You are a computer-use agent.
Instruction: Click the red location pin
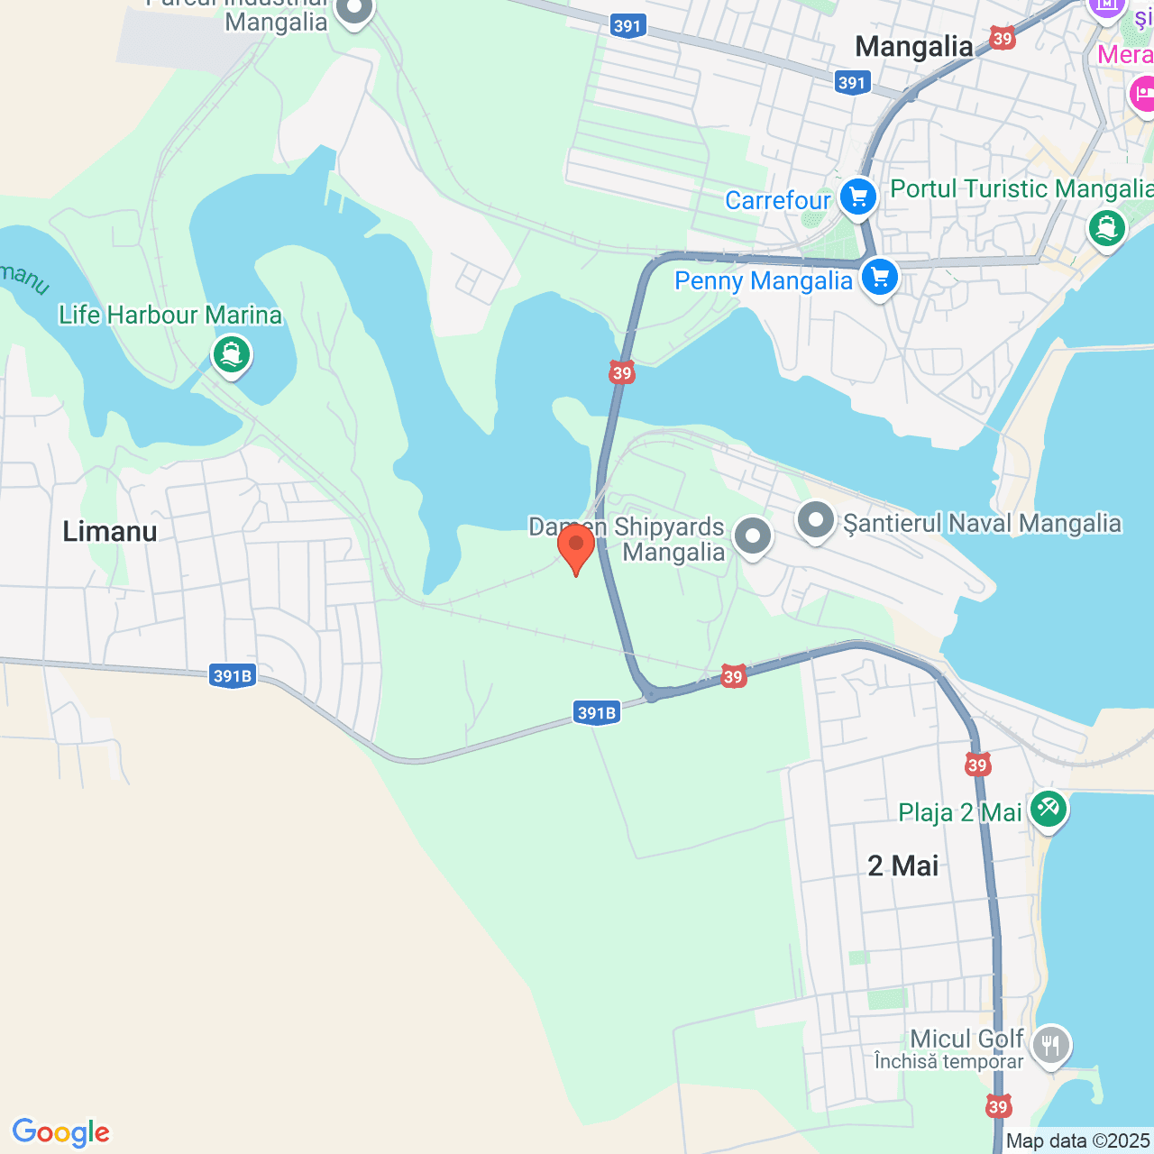coord(575,546)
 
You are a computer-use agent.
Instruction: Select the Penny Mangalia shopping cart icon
coord(879,278)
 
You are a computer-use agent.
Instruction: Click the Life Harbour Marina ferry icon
coord(232,354)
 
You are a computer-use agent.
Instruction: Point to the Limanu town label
coord(110,531)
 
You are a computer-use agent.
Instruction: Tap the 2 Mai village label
coord(902,865)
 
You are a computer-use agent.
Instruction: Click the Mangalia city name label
coord(913,47)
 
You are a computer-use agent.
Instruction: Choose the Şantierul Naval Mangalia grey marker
coord(816,520)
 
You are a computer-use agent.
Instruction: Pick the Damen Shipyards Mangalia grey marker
coord(752,536)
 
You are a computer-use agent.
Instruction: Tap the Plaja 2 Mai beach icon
coord(1048,808)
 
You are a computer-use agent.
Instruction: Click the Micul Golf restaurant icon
coord(1050,1046)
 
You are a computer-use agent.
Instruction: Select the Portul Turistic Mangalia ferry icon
coord(1106,226)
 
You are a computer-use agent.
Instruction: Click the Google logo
coord(61,1132)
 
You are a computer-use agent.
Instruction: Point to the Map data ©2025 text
coord(1078,1141)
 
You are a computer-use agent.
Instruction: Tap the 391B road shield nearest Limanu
coord(233,676)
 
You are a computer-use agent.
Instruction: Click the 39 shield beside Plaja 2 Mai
coord(977,765)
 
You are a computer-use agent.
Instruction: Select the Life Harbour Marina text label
coord(170,315)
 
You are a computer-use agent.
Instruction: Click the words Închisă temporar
coord(948,1062)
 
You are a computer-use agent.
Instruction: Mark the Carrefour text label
coord(777,200)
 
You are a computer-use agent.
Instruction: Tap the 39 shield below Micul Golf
coord(997,1106)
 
